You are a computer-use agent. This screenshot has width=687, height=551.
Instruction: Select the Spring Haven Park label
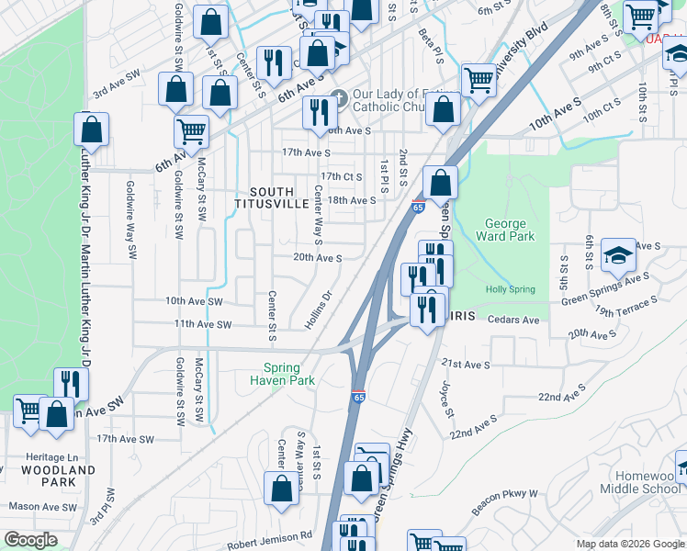tap(283, 374)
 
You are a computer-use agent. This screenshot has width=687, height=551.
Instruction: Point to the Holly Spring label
tap(510, 289)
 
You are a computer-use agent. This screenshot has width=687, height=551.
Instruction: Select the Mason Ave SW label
tap(42, 507)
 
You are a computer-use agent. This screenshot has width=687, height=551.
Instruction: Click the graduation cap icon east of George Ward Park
tap(618, 254)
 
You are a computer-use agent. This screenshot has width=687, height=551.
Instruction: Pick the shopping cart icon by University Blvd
tap(479, 80)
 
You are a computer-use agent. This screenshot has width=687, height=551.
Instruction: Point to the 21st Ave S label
tap(465, 365)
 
